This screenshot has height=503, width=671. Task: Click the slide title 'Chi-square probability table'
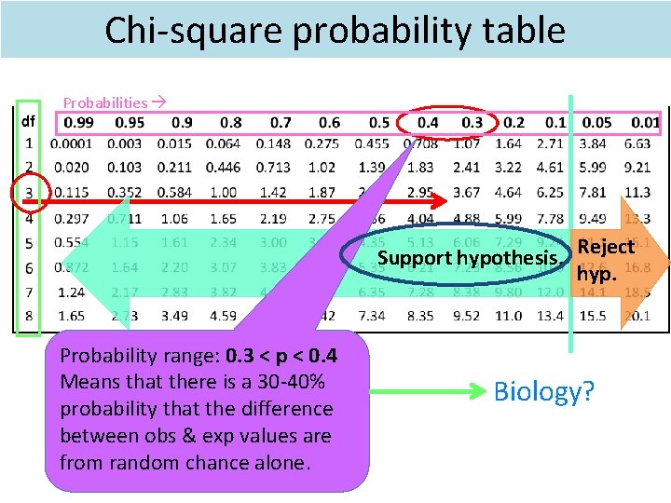[335, 30]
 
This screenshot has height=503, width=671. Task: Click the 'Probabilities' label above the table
[105, 102]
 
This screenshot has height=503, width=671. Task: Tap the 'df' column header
[29, 121]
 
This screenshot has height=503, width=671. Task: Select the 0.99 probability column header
[79, 122]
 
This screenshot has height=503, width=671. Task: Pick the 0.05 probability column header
[596, 122]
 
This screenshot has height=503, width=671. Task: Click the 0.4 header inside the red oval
[427, 122]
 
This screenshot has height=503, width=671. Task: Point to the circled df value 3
[29, 193]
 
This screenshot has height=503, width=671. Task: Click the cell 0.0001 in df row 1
[71, 144]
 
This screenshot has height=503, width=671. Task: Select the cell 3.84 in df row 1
[592, 144]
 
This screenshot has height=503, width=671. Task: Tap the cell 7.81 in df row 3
[592, 193]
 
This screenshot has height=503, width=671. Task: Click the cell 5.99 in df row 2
[592, 169]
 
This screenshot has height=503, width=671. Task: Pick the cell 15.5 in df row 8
[592, 316]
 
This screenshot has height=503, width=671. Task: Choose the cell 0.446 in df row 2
[222, 169]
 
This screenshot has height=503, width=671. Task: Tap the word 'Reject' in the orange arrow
[606, 247]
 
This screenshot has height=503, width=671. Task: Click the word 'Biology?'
[543, 391]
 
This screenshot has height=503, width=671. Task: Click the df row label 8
[29, 316]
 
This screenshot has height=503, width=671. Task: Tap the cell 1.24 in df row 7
[71, 292]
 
